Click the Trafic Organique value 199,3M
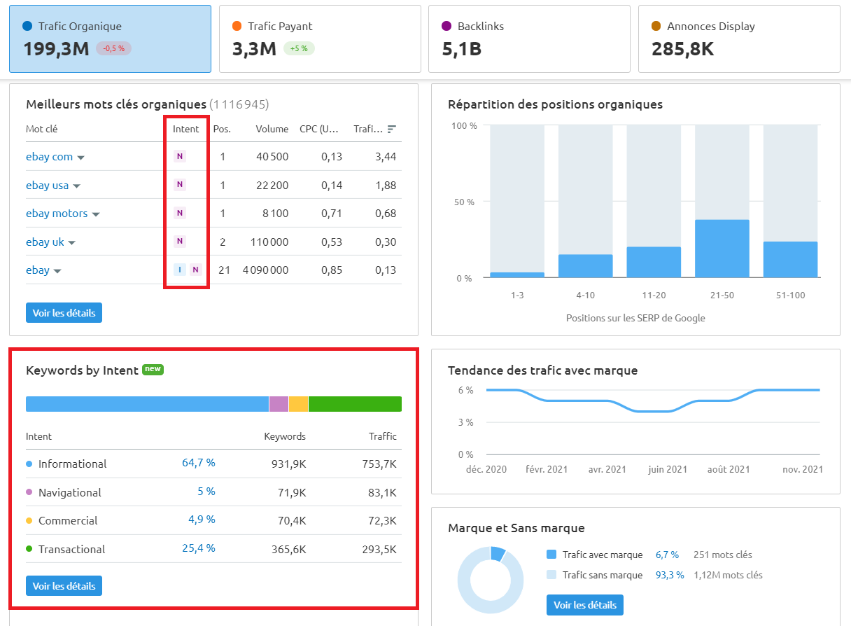point(56,49)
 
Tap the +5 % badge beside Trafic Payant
point(299,49)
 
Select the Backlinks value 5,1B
point(462,49)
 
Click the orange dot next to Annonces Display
point(656,27)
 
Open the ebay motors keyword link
point(57,214)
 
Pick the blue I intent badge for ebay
point(180,270)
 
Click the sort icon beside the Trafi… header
point(392,129)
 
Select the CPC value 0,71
point(332,214)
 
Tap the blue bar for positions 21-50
point(722,249)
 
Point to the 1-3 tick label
point(517,295)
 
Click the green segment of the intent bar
point(355,404)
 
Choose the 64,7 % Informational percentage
point(198,464)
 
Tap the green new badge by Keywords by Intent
point(153,369)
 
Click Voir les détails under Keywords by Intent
point(64,585)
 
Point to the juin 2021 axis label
point(667,469)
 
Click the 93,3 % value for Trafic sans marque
point(667,575)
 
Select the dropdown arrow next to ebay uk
point(71,243)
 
